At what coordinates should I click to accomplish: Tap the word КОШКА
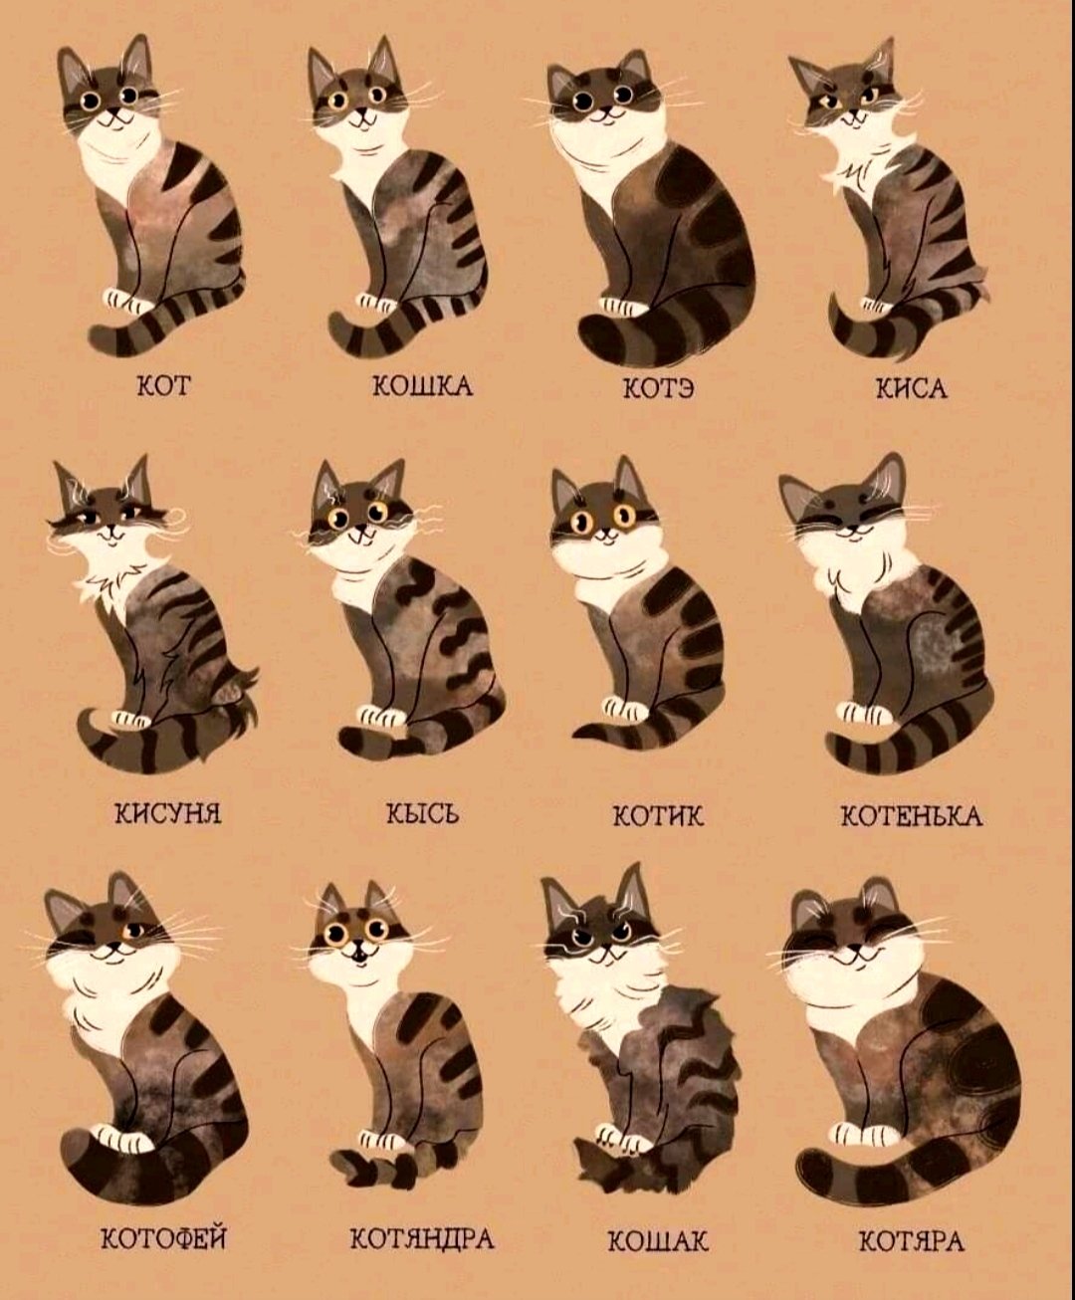(x=421, y=386)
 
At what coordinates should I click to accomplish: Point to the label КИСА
(x=910, y=388)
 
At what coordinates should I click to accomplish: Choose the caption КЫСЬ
(x=422, y=815)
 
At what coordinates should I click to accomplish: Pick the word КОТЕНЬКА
(x=912, y=817)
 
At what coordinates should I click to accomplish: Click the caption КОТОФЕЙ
(x=164, y=1238)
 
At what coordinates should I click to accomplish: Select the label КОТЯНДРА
(x=421, y=1239)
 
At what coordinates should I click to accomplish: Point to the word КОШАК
(x=657, y=1241)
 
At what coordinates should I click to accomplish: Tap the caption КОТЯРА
(x=911, y=1241)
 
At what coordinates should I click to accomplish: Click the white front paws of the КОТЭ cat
(x=622, y=307)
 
